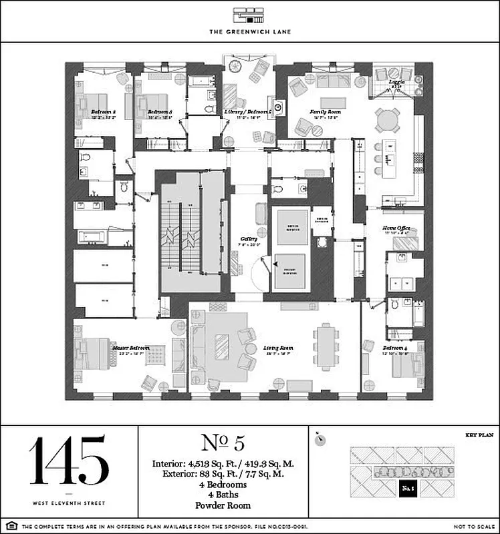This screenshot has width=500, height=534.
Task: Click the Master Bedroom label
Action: coord(130,348)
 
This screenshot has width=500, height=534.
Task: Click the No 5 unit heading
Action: coord(224,443)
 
